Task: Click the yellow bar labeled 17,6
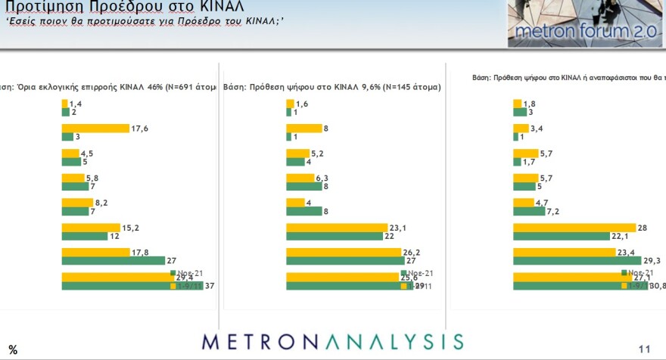click(x=95, y=128)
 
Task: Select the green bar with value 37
click(x=132, y=286)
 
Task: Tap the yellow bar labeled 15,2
click(x=91, y=227)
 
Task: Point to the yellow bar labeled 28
click(x=574, y=227)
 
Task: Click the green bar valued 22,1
click(x=561, y=236)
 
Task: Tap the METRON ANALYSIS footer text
click(x=332, y=340)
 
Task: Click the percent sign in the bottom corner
click(x=13, y=349)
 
